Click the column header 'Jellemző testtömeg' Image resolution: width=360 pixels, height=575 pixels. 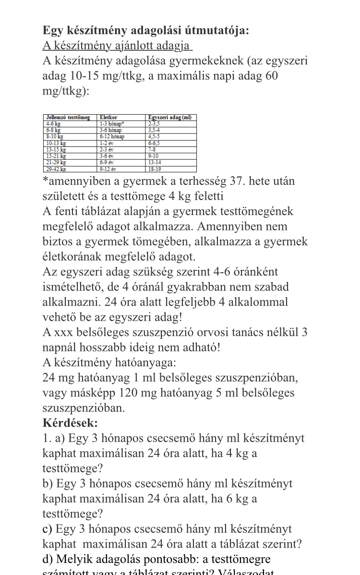68,118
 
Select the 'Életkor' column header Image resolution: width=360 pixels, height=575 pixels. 108,118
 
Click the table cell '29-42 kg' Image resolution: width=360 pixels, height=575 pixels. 56,169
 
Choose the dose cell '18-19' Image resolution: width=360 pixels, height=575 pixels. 155,169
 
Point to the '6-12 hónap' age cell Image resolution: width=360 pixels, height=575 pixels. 112,137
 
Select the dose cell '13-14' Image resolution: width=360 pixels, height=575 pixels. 155,163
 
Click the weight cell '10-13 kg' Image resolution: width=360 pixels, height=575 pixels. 56,143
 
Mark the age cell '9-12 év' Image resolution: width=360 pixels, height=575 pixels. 108,169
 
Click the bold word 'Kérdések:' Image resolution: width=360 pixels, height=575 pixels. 70,423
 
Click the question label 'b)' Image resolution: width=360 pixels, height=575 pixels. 48,483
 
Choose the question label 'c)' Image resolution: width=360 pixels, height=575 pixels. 48,529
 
